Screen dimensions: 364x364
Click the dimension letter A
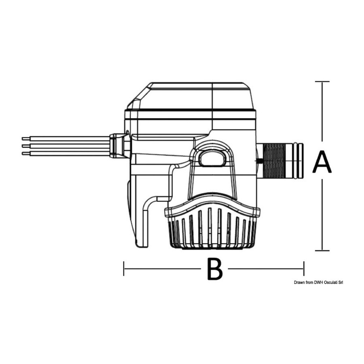322,162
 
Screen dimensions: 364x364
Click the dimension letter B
214,269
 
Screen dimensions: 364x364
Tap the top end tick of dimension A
322,81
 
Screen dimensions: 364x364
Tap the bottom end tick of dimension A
322,250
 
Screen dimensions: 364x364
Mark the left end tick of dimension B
124,269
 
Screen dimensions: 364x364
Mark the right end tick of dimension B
304,269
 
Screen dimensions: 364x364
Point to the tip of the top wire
23,139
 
